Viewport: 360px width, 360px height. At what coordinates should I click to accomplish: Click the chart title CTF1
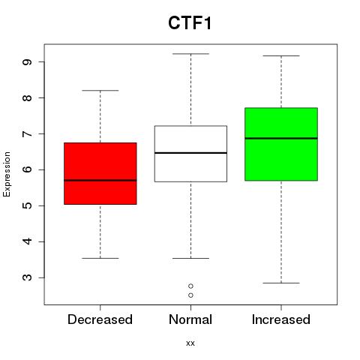(x=190, y=23)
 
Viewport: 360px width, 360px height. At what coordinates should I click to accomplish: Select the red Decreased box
(x=100, y=173)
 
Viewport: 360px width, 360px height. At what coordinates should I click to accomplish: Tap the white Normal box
(x=190, y=154)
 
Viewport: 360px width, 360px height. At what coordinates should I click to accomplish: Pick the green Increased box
(x=281, y=144)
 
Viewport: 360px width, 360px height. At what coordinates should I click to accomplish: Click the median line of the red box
(x=100, y=180)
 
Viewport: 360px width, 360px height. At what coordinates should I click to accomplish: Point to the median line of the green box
(x=281, y=138)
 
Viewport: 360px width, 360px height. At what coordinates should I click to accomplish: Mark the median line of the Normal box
(x=190, y=153)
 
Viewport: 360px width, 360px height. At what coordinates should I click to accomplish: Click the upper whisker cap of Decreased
(x=100, y=90)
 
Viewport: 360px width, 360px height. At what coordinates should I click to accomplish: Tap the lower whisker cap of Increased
(x=281, y=283)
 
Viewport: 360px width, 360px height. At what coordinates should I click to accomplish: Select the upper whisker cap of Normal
(x=190, y=54)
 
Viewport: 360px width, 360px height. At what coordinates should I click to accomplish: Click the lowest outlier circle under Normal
(x=190, y=295)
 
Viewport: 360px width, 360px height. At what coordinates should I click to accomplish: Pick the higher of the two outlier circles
(x=190, y=286)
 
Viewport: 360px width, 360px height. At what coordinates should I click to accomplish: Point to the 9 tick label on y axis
(x=27, y=61)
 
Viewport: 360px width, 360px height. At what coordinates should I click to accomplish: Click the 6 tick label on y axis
(x=27, y=169)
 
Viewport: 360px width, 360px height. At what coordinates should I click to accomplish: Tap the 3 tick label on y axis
(x=27, y=277)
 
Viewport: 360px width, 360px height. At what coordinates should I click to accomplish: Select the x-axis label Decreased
(x=100, y=319)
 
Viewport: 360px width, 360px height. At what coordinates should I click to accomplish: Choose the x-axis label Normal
(x=190, y=319)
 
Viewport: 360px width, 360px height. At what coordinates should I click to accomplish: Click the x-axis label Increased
(x=281, y=319)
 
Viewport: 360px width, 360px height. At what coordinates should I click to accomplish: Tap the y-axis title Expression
(x=7, y=174)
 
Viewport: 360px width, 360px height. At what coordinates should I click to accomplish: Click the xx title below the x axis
(x=190, y=343)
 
